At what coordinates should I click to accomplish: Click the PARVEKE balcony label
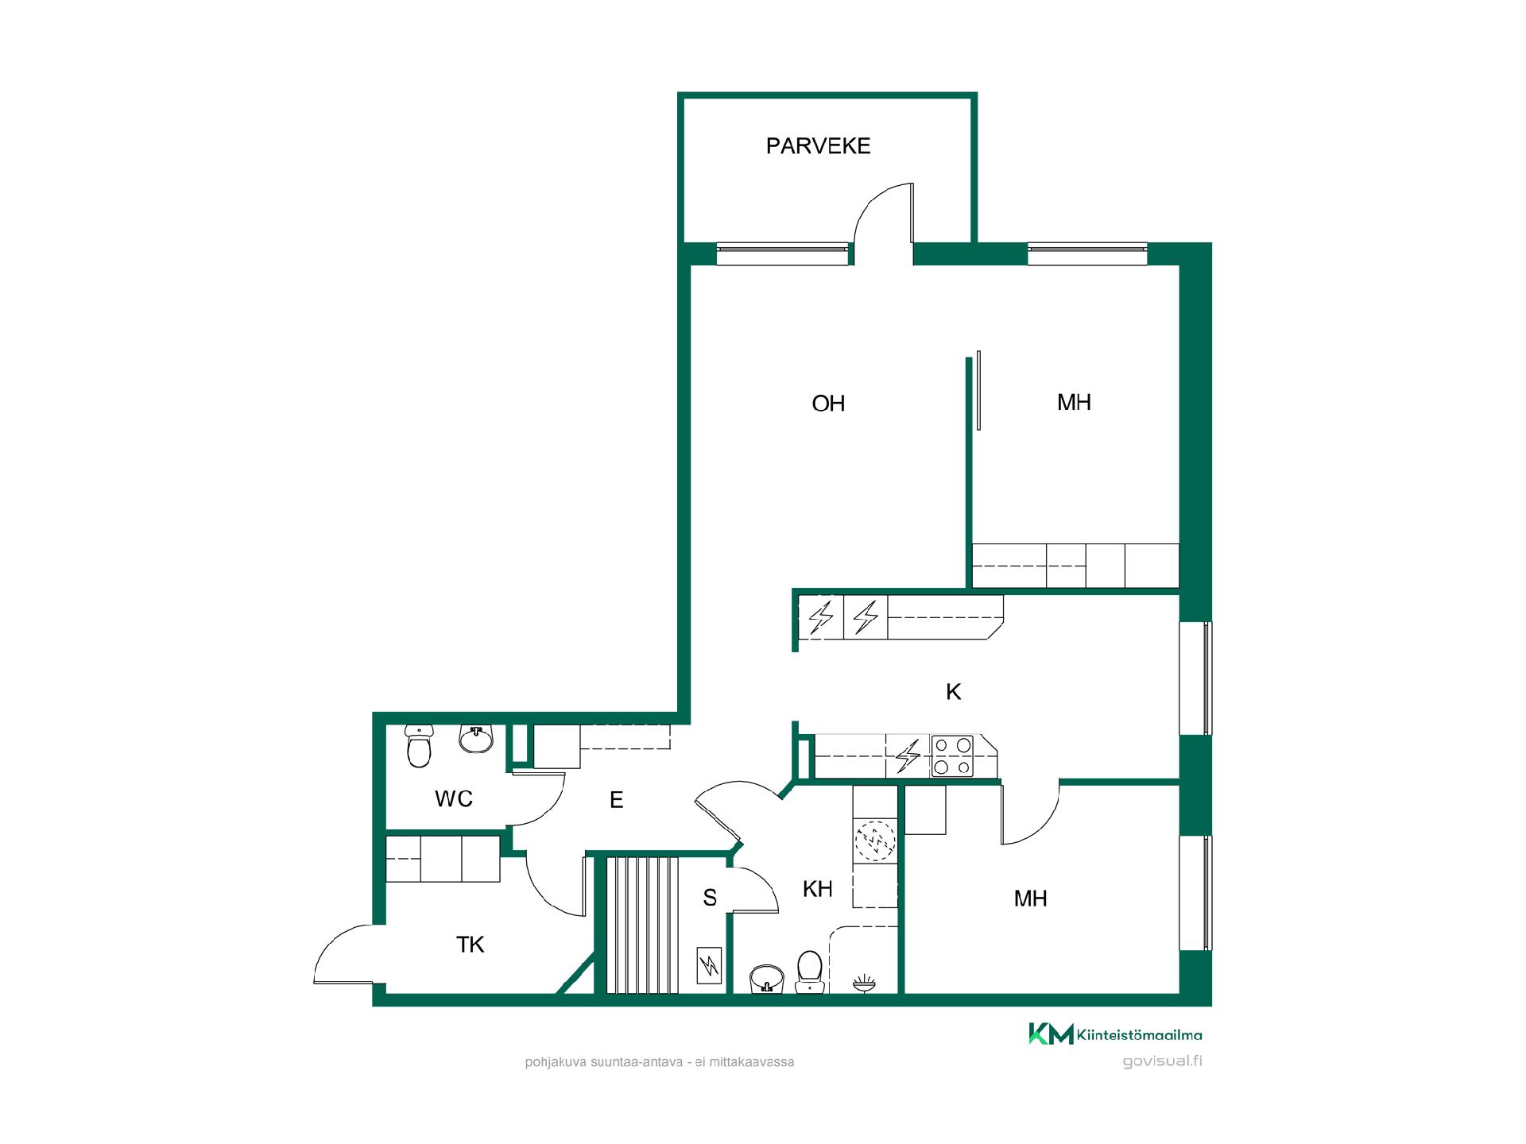[818, 146]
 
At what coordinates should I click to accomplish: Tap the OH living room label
[828, 404]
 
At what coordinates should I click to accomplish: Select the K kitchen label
[954, 692]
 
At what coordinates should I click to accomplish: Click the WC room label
[454, 798]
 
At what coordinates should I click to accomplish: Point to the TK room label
[471, 945]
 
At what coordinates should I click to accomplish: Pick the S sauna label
[710, 898]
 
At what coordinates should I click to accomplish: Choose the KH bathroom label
[817, 889]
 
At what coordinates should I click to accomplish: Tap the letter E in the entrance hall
[617, 800]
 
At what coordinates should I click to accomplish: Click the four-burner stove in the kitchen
[952, 756]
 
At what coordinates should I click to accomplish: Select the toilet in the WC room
[418, 745]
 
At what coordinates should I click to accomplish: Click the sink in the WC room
[476, 739]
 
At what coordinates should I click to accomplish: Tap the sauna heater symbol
[709, 967]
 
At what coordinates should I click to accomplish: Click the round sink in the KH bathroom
[767, 980]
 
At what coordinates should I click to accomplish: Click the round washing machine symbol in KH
[875, 841]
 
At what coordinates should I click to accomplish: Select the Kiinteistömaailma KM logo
[1115, 1034]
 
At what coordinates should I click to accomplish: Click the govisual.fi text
[1162, 1061]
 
